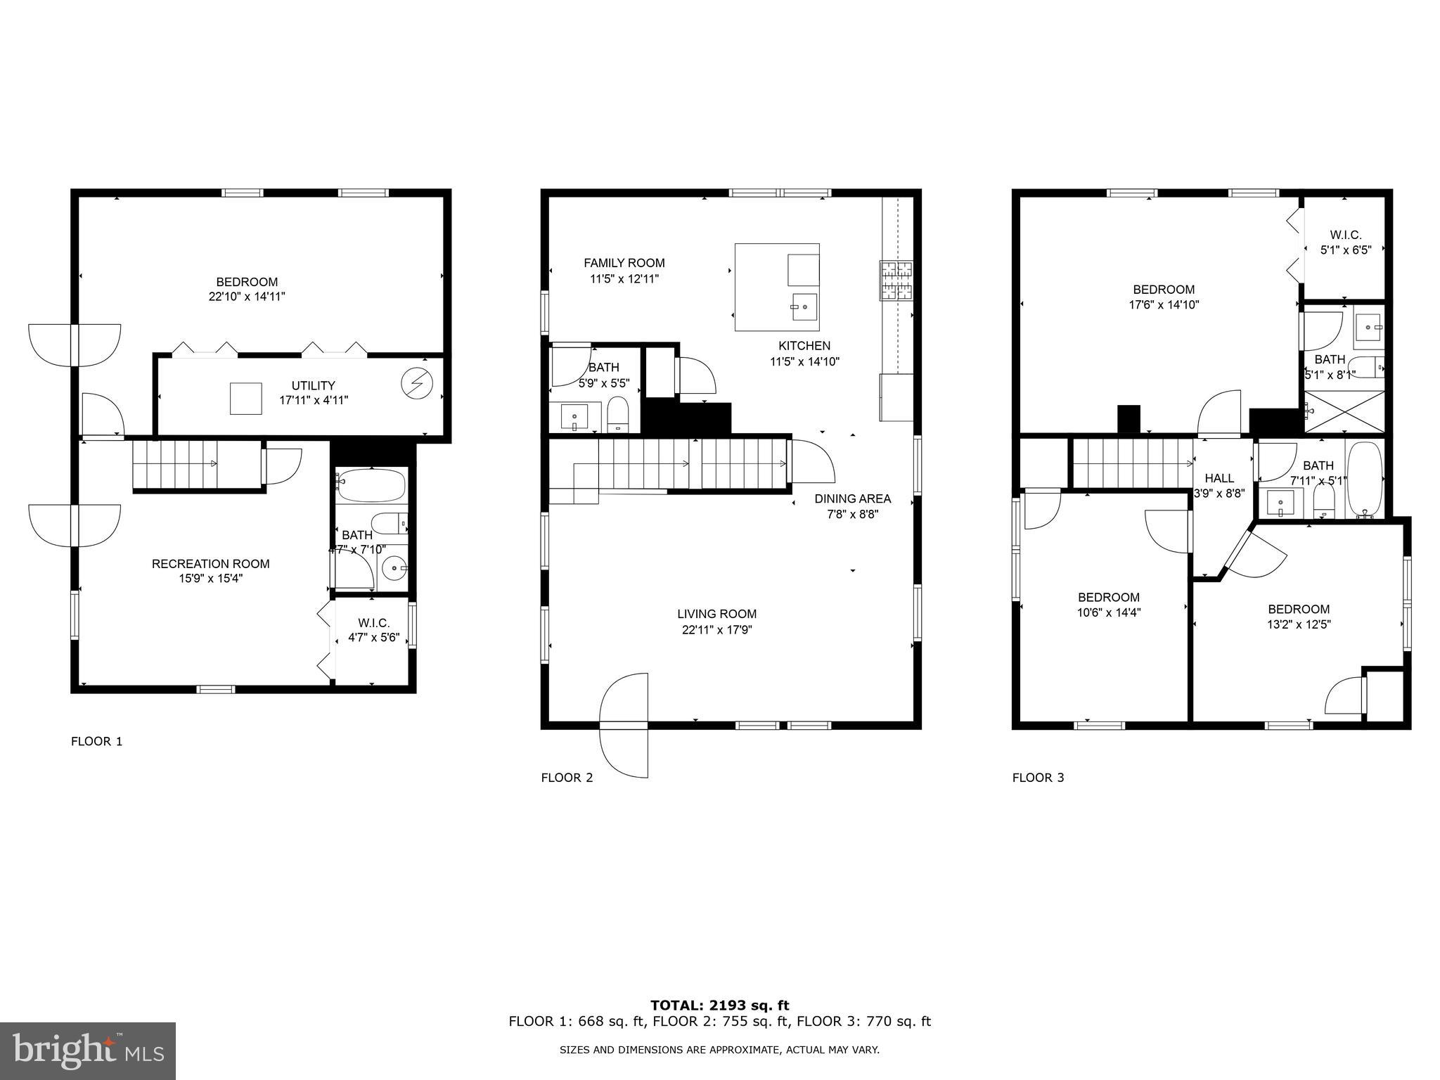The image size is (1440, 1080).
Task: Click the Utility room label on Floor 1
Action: [x=314, y=386]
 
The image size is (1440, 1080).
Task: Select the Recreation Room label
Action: [x=210, y=564]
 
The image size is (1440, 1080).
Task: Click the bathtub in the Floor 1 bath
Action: [x=371, y=485]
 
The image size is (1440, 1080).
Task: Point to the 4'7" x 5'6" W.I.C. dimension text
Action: [x=373, y=638]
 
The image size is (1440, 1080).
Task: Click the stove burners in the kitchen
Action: [x=896, y=281]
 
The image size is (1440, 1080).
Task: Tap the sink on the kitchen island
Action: [x=804, y=307]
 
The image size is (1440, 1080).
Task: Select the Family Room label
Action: [x=624, y=263]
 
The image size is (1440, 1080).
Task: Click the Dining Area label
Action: [x=852, y=499]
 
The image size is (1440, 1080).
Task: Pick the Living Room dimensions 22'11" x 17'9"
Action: [x=716, y=630]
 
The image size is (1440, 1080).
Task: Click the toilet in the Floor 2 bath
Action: [x=618, y=415]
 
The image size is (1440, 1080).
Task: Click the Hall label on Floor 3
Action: [x=1219, y=478]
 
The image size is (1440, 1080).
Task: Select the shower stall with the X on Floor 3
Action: [x=1344, y=412]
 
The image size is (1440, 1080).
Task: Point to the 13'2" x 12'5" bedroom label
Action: [x=1298, y=624]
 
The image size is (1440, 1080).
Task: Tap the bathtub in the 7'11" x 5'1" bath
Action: [x=1364, y=480]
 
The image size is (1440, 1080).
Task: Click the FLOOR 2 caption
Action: [x=567, y=778]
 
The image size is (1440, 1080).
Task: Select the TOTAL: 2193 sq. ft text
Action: [x=719, y=1005]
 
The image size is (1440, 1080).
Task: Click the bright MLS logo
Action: [x=88, y=1051]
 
